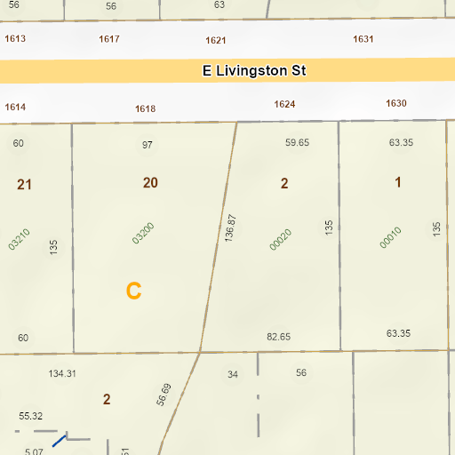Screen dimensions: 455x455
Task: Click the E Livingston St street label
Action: coord(254,70)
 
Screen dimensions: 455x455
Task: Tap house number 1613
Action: coord(15,39)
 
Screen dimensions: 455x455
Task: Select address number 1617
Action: coord(110,39)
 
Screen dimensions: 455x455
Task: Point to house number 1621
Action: coord(216,40)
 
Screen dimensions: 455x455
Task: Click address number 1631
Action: coord(363,39)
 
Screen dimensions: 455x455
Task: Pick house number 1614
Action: coord(15,107)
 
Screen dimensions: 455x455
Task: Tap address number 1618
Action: coord(146,108)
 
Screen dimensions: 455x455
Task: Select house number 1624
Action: coord(284,104)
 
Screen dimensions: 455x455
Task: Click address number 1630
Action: coord(396,103)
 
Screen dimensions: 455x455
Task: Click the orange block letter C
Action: coord(133,291)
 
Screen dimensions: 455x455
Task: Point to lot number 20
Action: coord(150,182)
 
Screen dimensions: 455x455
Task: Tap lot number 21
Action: coord(24,185)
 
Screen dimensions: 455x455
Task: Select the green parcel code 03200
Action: coord(143,233)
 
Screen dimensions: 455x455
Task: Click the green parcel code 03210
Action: coord(20,239)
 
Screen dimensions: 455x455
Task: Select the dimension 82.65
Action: coord(279,337)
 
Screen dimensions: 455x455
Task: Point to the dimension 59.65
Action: coord(297,142)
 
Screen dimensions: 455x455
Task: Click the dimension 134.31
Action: coord(62,373)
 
